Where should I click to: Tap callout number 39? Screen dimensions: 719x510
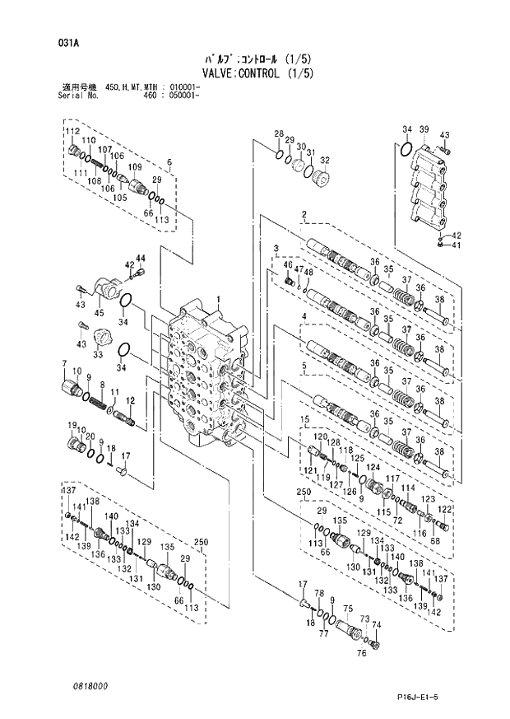[424, 130]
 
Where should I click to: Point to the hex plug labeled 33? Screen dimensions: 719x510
[103, 338]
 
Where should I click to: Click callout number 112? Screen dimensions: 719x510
[73, 132]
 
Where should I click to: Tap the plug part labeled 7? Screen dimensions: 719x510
[68, 385]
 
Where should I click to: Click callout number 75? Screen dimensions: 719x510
[347, 610]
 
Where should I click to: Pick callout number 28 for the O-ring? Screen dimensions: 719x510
[279, 134]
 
